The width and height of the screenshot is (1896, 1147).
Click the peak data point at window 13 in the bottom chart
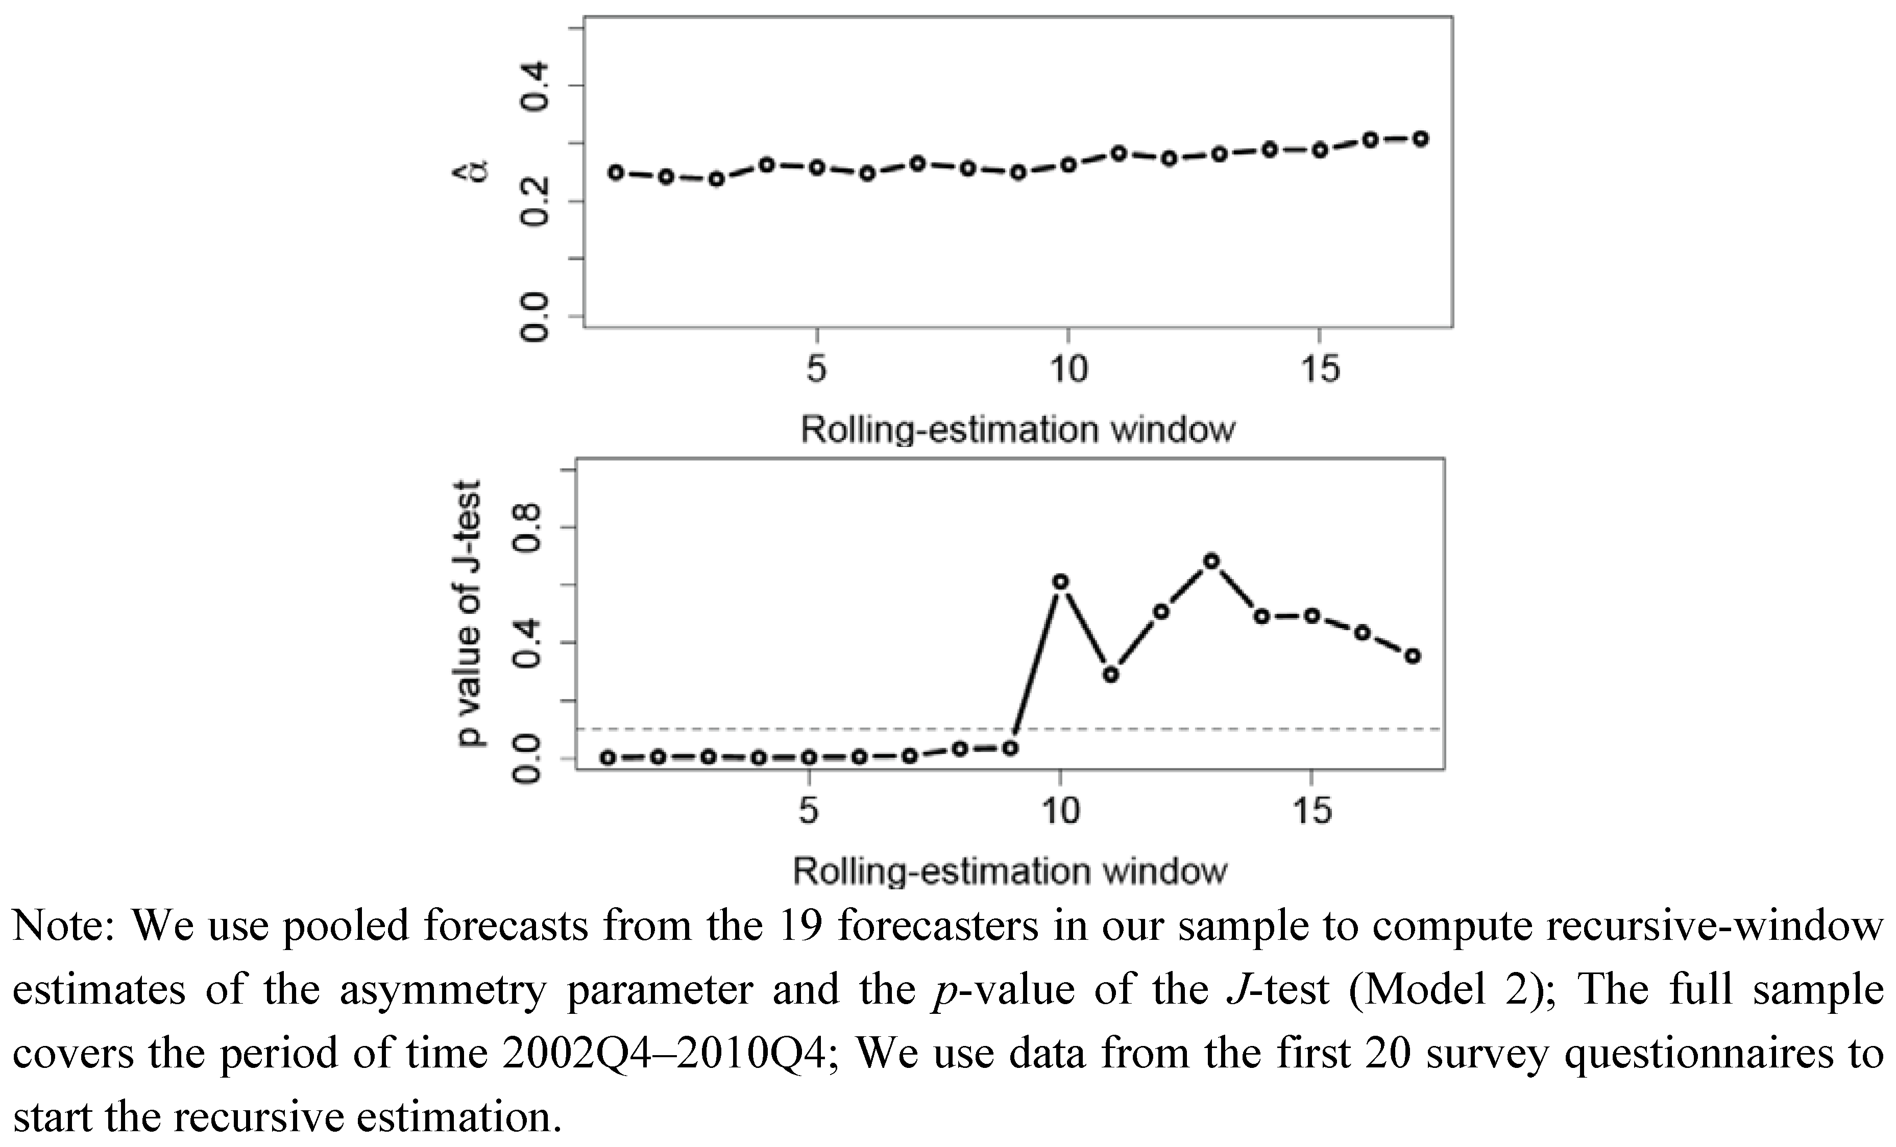click(1211, 561)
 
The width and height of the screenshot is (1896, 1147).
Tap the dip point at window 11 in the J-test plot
click(1110, 675)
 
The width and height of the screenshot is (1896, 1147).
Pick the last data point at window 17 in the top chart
click(1420, 139)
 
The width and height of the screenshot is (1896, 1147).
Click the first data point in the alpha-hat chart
click(616, 172)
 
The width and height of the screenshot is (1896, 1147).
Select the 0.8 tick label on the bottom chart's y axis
click(528, 528)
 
